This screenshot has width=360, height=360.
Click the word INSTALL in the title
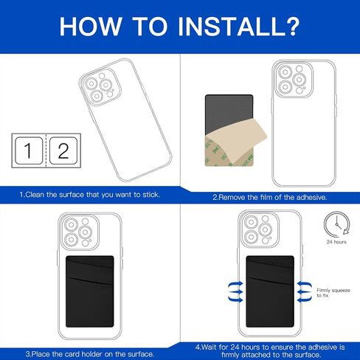230,26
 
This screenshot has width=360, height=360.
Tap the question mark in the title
291,26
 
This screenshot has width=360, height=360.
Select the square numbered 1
29,150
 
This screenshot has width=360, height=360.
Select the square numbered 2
63,150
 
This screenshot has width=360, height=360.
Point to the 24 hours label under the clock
336,242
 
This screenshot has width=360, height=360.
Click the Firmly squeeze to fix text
333,293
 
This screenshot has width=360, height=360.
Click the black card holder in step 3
90,291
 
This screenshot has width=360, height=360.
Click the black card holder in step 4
270,291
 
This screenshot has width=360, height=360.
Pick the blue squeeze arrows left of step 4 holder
235,291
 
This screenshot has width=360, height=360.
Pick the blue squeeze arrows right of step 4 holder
305,291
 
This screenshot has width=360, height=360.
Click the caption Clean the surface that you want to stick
90,195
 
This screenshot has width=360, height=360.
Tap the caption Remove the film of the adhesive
270,197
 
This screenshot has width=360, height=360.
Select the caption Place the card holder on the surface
90,354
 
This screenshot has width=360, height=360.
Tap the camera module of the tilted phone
100,87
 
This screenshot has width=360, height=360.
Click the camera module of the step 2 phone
293,79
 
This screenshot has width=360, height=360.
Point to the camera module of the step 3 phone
79,232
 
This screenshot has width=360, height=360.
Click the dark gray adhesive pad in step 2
229,113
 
